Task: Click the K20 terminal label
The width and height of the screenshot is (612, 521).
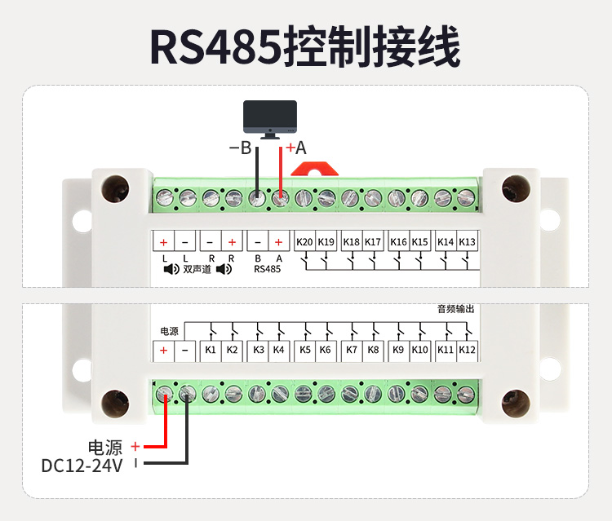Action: pos(305,242)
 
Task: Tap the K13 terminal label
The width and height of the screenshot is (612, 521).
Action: pos(467,242)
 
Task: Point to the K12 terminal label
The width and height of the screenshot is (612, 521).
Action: pos(467,350)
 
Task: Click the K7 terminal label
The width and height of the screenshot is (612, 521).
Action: pos(352,350)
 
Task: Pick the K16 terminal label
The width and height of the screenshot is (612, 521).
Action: pos(398,242)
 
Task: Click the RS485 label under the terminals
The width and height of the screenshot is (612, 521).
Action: pos(267,268)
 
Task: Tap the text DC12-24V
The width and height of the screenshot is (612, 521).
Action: pos(82,466)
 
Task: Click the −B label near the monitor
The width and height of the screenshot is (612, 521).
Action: pos(240,148)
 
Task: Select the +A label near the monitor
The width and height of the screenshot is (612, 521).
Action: pos(295,148)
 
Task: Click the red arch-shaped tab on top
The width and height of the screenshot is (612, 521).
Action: pos(315,169)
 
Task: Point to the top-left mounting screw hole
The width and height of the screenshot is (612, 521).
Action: pos(114,188)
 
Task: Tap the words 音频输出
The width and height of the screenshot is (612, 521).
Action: pos(455,309)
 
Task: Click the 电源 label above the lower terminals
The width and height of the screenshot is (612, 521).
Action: pos(168,331)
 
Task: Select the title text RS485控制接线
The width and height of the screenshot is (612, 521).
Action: pos(305,48)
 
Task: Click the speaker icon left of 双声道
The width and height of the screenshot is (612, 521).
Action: pos(171,268)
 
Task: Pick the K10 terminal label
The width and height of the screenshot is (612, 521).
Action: pos(420,350)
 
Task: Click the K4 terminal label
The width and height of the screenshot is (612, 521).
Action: pos(279,350)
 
